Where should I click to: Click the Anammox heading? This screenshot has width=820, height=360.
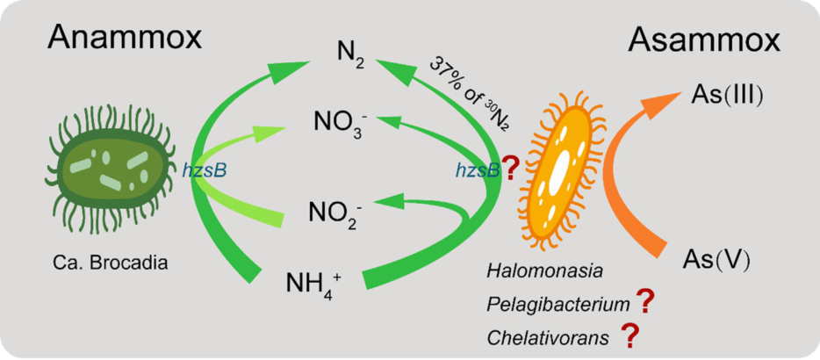tap(125, 39)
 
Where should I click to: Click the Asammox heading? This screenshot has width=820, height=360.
tap(705, 39)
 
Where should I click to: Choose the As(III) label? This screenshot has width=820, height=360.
tap(728, 95)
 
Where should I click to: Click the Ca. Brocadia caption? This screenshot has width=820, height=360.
tap(111, 262)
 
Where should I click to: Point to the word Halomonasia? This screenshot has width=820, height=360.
tap(536, 272)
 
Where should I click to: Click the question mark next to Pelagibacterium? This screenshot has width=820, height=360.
tap(644, 302)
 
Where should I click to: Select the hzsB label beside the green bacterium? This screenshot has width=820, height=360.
tap(204, 171)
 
